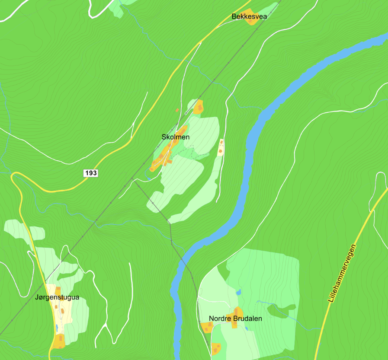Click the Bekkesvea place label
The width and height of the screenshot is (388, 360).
[249, 17]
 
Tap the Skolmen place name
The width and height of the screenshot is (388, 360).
[176, 137]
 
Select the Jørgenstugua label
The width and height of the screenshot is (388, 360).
[57, 297]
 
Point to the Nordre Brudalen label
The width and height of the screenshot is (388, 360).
[235, 319]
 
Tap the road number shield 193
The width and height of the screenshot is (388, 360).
[91, 173]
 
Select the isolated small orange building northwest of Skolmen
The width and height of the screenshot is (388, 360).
[177, 110]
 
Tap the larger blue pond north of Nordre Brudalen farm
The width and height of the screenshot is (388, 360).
[238, 292]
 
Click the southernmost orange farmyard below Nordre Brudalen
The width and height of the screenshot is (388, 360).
[216, 348]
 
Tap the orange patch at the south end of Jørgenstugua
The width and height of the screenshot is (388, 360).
[59, 341]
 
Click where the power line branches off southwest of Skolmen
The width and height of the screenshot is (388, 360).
[132, 178]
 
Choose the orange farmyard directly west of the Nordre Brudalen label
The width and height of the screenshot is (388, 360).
[206, 327]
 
